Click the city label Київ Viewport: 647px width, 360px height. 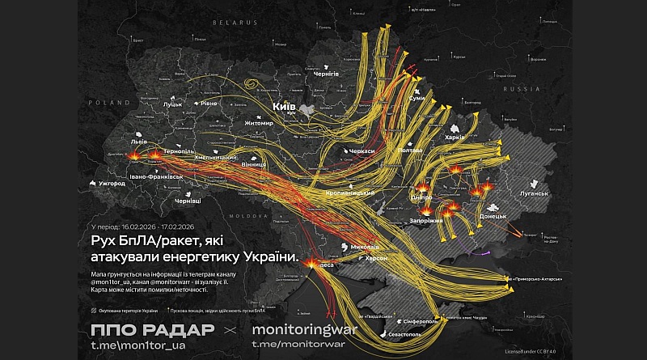pyautogui.click(x=283, y=106)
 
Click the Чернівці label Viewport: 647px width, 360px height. pyautogui.click(x=188, y=200)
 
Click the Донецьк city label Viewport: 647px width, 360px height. pyautogui.click(x=493, y=216)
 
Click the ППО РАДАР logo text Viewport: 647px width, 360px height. pyautogui.click(x=154, y=330)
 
